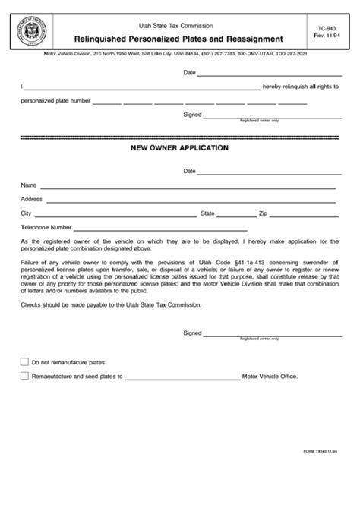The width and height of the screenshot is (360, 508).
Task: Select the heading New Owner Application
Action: [180, 148]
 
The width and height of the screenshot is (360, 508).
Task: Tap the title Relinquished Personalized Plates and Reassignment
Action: [179, 37]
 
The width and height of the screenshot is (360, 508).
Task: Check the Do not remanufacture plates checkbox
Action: [25, 362]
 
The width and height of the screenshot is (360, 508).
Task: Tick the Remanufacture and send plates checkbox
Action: [25, 376]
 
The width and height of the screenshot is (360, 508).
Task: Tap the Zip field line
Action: [304, 215]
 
